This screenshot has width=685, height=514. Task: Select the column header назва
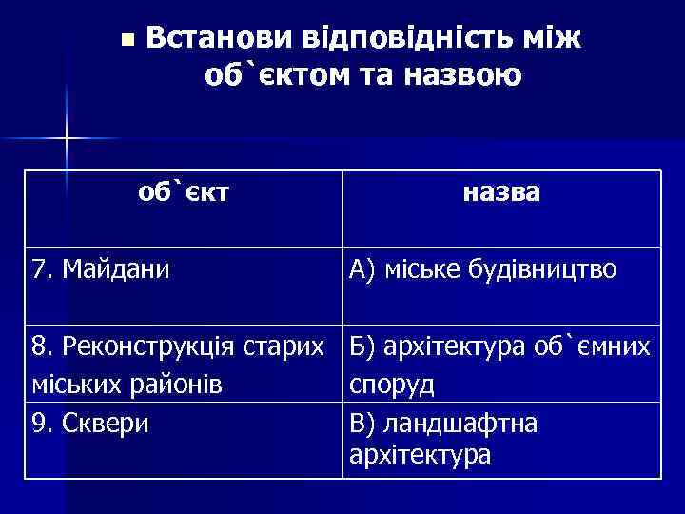(501, 192)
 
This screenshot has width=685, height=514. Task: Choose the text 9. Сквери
(90, 420)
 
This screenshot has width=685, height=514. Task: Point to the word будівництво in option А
(541, 270)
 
